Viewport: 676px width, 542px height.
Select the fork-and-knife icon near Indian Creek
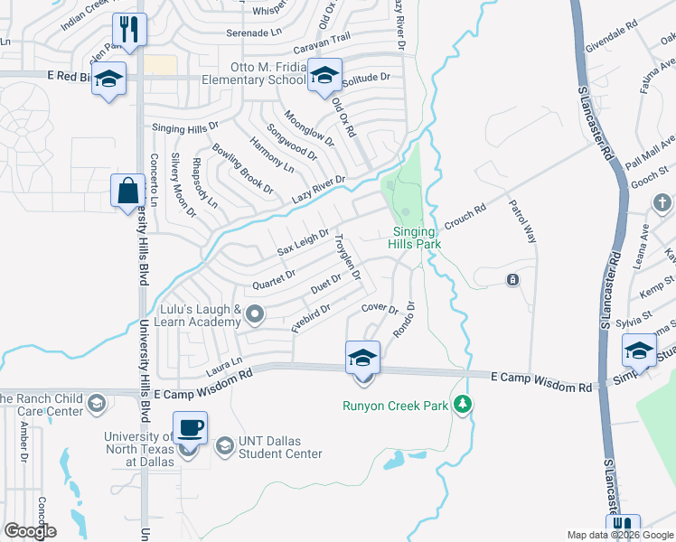(130, 30)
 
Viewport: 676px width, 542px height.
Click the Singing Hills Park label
(415, 238)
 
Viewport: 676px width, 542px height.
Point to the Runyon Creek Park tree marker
(464, 404)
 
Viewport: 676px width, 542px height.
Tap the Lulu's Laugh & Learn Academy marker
(255, 314)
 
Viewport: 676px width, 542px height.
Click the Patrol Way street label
(523, 221)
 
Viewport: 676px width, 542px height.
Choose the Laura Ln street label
(225, 366)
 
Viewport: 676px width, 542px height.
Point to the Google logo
(30, 531)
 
